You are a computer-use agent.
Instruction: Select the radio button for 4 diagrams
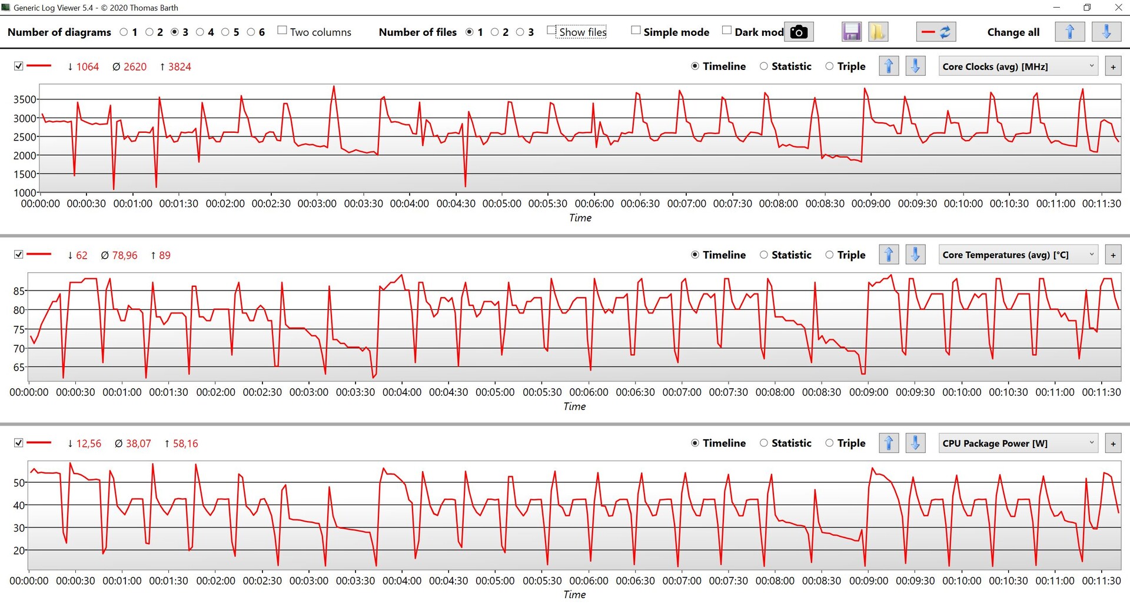[200, 32]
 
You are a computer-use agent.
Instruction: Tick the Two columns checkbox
[282, 31]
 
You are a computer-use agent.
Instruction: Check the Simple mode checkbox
[636, 31]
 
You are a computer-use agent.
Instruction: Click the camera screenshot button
[799, 32]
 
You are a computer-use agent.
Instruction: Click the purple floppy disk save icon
[851, 32]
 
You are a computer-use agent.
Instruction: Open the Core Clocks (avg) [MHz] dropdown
[1018, 66]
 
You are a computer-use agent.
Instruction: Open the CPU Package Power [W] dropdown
[1018, 443]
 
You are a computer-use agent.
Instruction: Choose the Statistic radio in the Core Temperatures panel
[764, 255]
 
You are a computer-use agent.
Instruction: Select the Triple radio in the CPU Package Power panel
[829, 443]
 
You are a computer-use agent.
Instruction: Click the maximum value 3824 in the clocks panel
[180, 67]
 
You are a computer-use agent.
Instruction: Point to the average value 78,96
[125, 255]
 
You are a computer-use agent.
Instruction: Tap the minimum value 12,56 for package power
[89, 443]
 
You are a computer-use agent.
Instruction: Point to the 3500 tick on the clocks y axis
[25, 99]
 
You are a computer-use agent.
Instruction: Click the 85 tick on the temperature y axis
[19, 291]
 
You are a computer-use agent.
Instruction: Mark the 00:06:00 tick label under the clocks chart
[594, 203]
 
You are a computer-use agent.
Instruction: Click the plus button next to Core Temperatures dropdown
[1113, 255]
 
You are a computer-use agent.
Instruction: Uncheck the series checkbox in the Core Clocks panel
[19, 66]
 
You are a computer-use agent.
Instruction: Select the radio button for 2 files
[495, 32]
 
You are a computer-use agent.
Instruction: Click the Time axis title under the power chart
[574, 595]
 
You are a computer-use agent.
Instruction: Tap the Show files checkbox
[551, 31]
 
